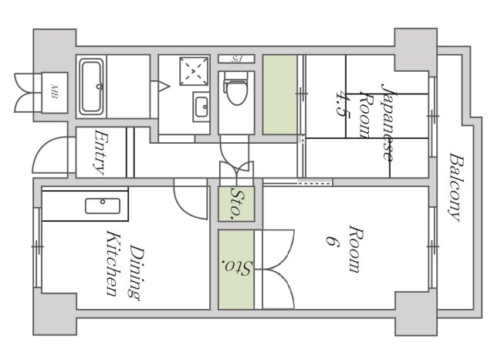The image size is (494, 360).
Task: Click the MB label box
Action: click(55, 93)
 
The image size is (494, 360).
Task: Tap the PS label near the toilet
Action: click(236, 59)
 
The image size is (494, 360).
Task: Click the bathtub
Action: click(91, 87)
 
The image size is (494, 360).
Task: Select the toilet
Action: click(236, 88)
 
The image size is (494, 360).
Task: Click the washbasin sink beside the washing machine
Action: click(201, 107)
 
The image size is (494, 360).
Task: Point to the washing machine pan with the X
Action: click(194, 71)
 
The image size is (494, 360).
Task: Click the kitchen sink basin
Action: click(103, 205)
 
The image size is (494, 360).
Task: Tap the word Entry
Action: click(101, 152)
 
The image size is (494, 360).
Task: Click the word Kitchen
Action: click(113, 263)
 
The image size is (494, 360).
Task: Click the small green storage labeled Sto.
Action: click(236, 204)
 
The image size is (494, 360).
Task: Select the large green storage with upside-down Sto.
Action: click(236, 269)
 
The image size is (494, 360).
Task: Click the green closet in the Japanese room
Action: click(280, 94)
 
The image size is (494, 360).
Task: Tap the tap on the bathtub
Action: click(100, 86)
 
